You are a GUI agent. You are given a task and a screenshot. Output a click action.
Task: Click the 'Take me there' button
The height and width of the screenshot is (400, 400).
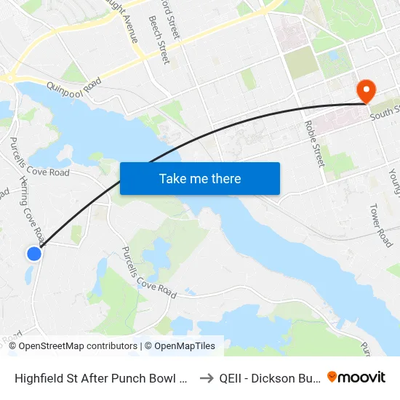pyautogui.click(x=200, y=178)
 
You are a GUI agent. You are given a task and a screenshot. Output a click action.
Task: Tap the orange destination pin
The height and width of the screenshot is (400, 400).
pyautogui.click(x=365, y=91)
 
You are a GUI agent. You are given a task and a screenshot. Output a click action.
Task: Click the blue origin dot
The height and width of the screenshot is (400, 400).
pyautogui.click(x=34, y=254)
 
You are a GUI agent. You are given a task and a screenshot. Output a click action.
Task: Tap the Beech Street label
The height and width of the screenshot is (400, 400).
pyautogui.click(x=159, y=40)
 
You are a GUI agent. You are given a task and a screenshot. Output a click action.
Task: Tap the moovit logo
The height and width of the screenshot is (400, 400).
pyautogui.click(x=356, y=377)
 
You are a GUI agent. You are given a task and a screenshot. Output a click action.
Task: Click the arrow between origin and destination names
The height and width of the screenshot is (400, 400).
pyautogui.click(x=206, y=378)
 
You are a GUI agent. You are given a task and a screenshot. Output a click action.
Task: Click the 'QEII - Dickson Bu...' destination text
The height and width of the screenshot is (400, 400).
pyautogui.click(x=267, y=378)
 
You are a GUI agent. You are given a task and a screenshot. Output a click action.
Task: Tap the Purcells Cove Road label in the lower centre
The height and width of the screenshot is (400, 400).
pyautogui.click(x=149, y=270)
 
